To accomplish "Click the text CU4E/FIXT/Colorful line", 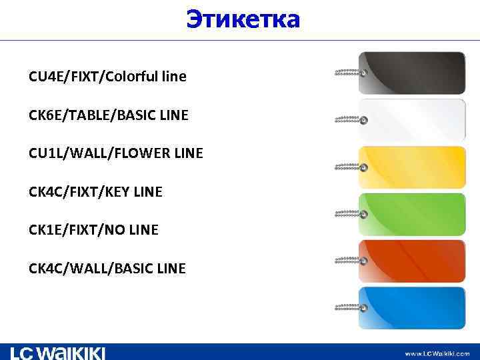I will tap(107, 77).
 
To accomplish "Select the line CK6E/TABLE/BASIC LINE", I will tap(109, 116).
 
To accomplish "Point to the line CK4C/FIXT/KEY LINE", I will tap(95, 193).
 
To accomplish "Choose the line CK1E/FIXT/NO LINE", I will tap(93, 231).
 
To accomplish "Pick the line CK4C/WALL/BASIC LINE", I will tap(107, 269).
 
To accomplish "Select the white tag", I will tap(412, 119).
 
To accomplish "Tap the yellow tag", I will tap(412, 167).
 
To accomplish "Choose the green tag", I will tap(412, 214).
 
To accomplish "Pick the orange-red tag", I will tap(412, 261).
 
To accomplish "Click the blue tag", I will tap(412, 307).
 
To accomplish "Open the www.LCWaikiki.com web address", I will tap(437, 353).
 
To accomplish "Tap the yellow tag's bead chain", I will tap(349, 166).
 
